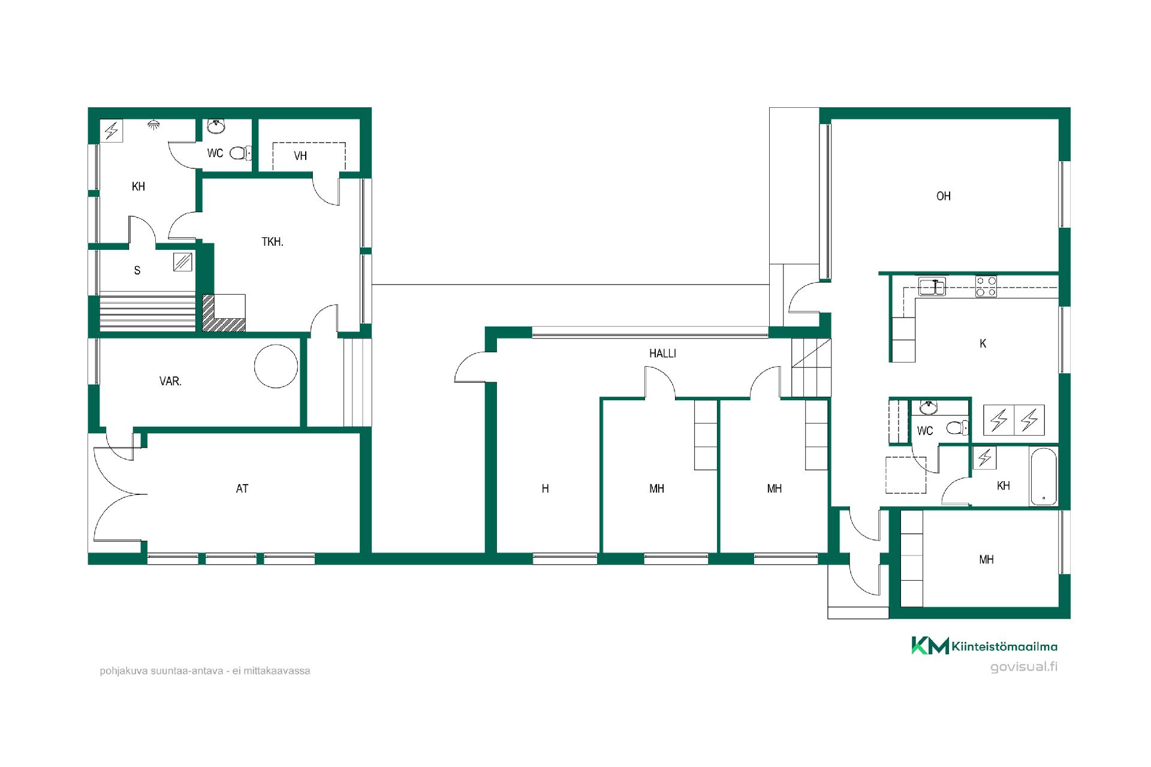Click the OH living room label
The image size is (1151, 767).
(944, 196)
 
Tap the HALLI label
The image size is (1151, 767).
(662, 354)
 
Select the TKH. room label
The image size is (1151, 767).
(272, 242)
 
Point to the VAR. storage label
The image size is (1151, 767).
(170, 381)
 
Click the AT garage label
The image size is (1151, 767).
(242, 489)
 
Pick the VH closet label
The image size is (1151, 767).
(300, 156)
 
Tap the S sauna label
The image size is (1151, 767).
(137, 270)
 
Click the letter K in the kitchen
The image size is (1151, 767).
(983, 343)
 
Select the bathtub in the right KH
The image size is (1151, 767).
(1044, 476)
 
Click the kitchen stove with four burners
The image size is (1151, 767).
(986, 286)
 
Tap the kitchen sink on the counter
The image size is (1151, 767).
(932, 286)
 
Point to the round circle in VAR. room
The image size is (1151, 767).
(276, 366)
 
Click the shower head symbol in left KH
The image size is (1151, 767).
(154, 125)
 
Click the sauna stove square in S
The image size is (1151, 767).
(183, 262)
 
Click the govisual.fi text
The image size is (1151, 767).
(1024, 666)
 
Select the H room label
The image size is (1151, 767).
(545, 489)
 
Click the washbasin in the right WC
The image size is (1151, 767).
(929, 407)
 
